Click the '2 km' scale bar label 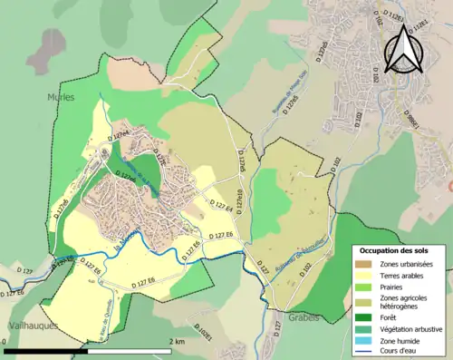[x=177, y=342]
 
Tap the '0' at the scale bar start [x=5, y=342]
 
